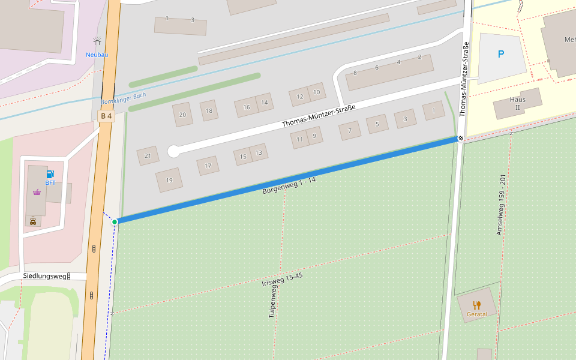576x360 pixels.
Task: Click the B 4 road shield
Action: tap(106, 116)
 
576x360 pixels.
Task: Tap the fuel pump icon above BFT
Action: tap(50, 174)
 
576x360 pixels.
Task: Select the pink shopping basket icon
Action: tap(38, 192)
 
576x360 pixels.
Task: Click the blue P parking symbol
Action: tap(501, 54)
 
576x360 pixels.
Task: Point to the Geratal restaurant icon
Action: tap(477, 305)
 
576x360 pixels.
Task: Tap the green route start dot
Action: tap(115, 222)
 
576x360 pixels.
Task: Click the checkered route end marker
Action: tap(461, 139)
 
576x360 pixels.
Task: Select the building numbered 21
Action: tap(148, 156)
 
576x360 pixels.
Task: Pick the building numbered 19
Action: tap(169, 180)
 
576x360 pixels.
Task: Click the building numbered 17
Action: tap(208, 166)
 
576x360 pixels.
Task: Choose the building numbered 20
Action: tap(182, 115)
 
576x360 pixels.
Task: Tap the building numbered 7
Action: tap(350, 131)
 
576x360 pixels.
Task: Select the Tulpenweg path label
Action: tap(272, 301)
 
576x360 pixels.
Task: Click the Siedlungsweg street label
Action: tap(44, 276)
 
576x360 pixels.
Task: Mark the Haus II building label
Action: tap(517, 103)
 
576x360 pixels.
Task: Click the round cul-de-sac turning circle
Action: tap(173, 151)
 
